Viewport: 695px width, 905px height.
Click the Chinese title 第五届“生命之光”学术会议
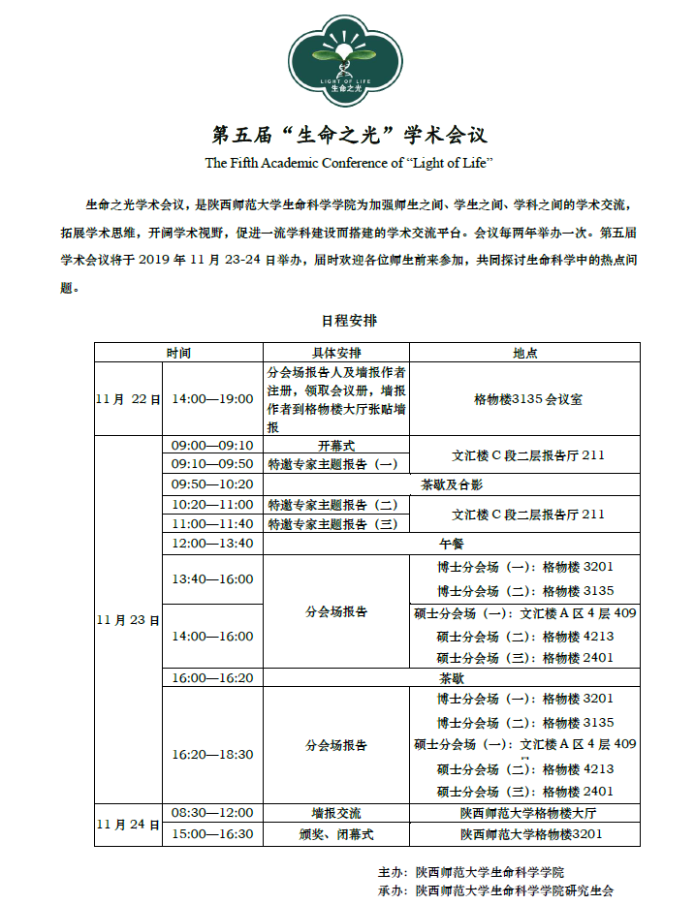pos(348,134)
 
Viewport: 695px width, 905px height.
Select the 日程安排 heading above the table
pos(350,320)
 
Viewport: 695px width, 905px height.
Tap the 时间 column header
pos(177,353)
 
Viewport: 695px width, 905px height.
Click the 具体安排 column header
pos(335,353)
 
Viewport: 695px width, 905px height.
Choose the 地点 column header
pos(525,353)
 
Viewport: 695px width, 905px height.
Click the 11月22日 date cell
pos(128,399)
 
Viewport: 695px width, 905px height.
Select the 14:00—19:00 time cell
pos(212,399)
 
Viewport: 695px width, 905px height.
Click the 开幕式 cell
pos(336,446)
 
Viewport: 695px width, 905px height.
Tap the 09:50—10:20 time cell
pos(212,484)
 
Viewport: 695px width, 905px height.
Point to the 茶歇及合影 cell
pos(451,484)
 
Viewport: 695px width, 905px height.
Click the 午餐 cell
pos(451,544)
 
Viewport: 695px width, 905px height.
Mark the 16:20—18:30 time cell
pos(212,754)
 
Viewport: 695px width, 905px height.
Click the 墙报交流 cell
pos(335,813)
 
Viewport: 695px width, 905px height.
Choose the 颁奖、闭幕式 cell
pos(335,833)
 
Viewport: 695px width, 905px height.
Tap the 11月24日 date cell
pos(128,824)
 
